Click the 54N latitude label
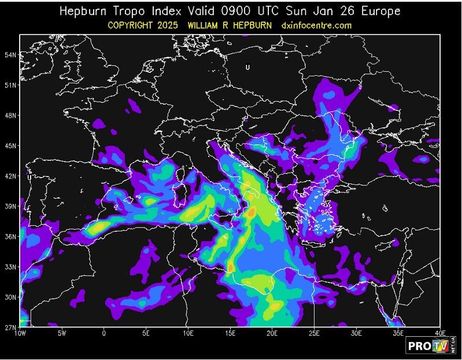tap(10, 55)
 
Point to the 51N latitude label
tap(10, 85)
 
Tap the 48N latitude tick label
tap(10, 116)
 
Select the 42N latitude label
tap(10, 176)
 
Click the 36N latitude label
tap(10, 237)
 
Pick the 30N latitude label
tap(10, 297)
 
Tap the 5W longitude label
tap(62, 333)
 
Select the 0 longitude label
tap(104, 333)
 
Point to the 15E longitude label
tap(230, 333)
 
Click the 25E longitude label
tap(314, 333)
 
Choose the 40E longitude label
tap(440, 333)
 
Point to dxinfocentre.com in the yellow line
tap(316, 25)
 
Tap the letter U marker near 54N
tap(247, 67)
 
